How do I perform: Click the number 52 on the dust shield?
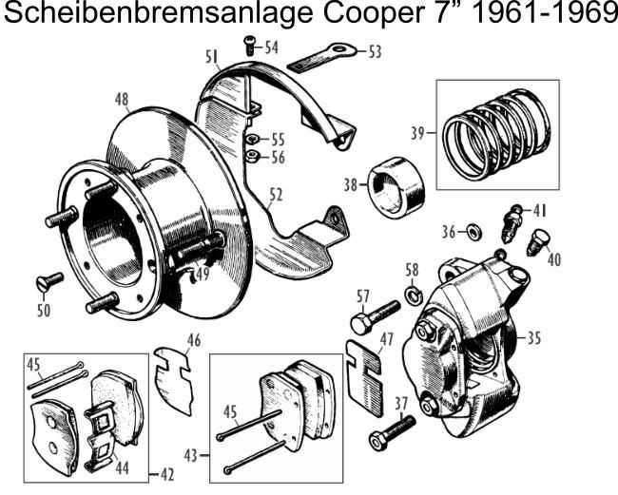[275, 197]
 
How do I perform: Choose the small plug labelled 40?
[539, 242]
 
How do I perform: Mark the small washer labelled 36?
[473, 232]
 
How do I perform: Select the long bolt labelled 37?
[393, 432]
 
